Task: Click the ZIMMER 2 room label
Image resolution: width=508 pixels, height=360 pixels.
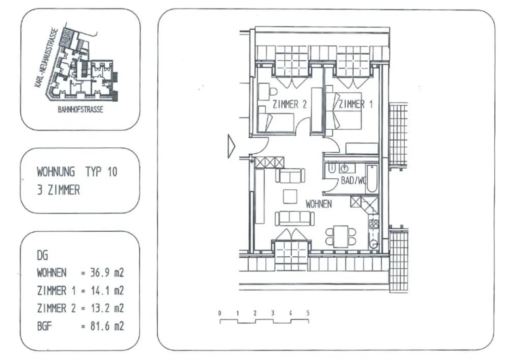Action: [289, 104]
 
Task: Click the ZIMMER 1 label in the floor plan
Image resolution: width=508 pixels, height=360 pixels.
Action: [355, 104]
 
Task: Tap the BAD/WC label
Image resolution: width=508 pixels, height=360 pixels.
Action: [353, 181]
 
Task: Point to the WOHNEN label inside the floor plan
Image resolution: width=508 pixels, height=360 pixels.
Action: [319, 204]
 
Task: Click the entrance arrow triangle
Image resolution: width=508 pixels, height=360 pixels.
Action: [231, 146]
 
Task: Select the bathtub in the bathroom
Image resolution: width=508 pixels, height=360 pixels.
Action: [372, 178]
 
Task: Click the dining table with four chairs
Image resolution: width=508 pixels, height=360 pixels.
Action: [341, 237]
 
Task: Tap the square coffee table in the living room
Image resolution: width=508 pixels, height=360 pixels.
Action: [290, 196]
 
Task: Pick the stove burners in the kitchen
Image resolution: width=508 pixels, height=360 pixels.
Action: [374, 224]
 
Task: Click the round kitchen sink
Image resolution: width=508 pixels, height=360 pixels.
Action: [373, 244]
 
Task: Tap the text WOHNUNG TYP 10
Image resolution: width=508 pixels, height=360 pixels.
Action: [77, 172]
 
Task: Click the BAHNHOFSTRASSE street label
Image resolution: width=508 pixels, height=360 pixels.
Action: [80, 110]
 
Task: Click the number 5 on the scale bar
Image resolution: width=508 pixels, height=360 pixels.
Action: [308, 313]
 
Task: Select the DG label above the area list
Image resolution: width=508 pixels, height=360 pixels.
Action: [42, 255]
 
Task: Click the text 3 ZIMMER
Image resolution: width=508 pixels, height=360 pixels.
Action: [59, 190]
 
